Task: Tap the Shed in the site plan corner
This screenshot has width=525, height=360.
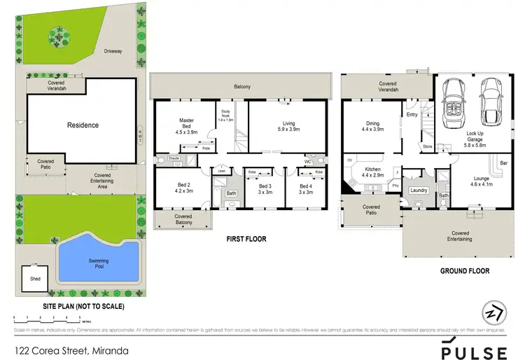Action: click(x=35, y=278)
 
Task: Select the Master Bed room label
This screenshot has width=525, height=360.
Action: click(x=186, y=126)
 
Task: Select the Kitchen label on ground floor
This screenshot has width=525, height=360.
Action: click(x=371, y=172)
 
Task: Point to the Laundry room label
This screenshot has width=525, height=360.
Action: click(x=419, y=190)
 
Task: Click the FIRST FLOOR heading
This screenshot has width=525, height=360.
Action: click(x=246, y=239)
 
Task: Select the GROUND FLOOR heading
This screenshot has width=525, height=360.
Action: click(x=465, y=271)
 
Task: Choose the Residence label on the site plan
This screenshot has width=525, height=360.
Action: click(x=83, y=125)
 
